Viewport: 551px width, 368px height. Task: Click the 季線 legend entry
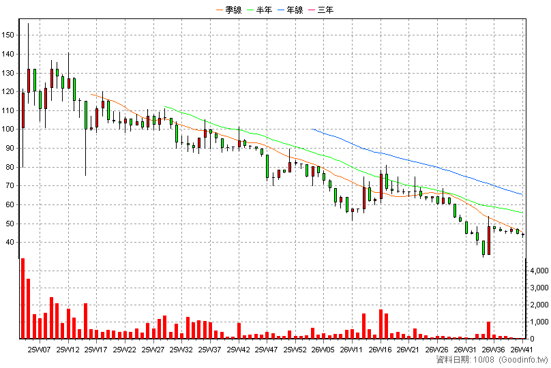click(x=229, y=10)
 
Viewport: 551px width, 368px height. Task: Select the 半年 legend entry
click(x=260, y=10)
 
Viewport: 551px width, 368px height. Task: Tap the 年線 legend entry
click(x=291, y=10)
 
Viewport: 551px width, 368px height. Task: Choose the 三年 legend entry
click(x=321, y=10)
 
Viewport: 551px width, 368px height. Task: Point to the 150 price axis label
click(x=8, y=35)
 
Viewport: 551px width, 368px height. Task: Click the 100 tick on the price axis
click(x=8, y=129)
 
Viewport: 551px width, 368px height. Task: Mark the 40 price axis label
click(x=10, y=243)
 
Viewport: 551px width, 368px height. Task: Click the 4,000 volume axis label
click(x=539, y=271)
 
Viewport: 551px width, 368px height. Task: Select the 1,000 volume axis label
click(x=539, y=322)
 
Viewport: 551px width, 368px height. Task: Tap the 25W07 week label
click(x=40, y=350)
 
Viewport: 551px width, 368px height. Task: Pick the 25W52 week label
click(x=295, y=350)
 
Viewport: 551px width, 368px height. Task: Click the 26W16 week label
click(x=381, y=350)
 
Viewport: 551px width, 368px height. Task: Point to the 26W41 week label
click(x=522, y=350)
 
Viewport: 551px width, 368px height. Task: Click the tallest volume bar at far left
click(x=23, y=298)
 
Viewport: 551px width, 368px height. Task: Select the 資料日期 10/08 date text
click(x=465, y=360)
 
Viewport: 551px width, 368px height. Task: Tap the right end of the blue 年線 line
click(x=523, y=195)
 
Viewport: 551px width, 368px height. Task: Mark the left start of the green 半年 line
click(x=164, y=106)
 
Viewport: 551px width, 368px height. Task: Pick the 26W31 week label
click(x=465, y=350)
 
